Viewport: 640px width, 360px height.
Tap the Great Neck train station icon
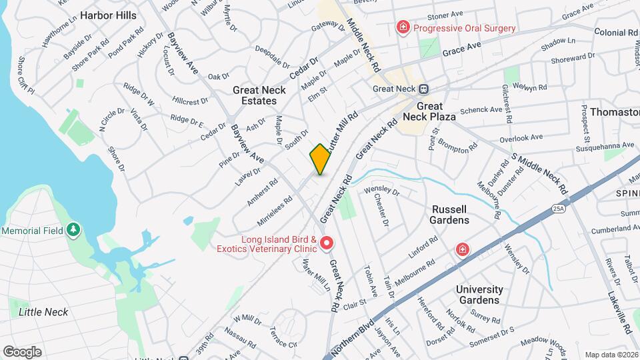[x=423, y=89]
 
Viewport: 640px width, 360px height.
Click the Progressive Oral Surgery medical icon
[x=403, y=28]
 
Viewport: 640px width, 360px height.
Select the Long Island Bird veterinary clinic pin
[x=327, y=243]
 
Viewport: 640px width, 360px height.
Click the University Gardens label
[x=479, y=295]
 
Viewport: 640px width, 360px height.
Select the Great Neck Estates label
[x=259, y=95]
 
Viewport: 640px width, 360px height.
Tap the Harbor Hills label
[x=108, y=15]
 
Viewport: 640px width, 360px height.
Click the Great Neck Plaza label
[x=435, y=111]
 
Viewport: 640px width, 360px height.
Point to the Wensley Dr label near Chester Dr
[x=381, y=191]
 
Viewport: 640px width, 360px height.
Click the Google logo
[x=22, y=351]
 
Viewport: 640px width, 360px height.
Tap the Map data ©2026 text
[x=611, y=355]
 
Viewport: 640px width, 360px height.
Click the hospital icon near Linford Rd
[x=461, y=249]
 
